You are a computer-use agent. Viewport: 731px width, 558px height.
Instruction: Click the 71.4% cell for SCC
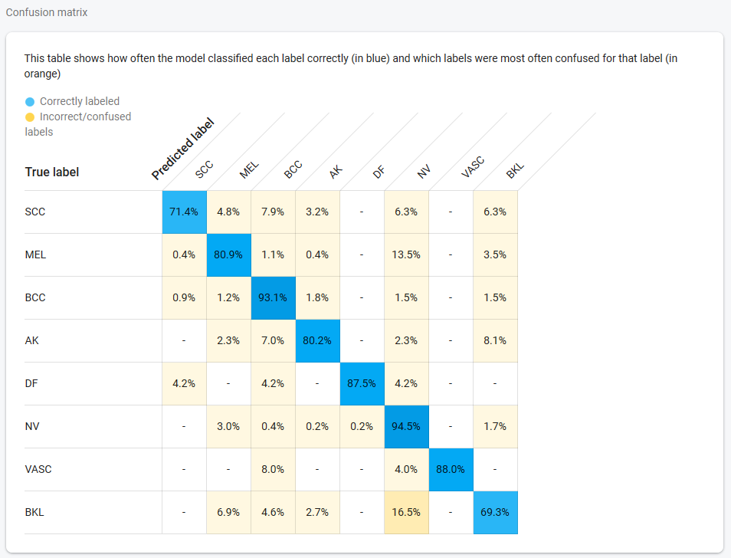point(184,212)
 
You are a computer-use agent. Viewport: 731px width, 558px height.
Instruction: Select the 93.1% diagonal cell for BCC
point(273,297)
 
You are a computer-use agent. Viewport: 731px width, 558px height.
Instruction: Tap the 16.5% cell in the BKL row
point(406,512)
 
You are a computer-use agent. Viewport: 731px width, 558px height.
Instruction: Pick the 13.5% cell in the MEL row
point(406,254)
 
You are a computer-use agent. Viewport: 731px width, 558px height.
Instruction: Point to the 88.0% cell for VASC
point(451,469)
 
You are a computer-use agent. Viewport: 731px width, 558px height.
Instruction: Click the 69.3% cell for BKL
point(495,512)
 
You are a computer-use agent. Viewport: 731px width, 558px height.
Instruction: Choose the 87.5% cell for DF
point(362,383)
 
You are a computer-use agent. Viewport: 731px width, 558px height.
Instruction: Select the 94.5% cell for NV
point(406,426)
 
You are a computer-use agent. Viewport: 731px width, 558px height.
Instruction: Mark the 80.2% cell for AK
point(317,340)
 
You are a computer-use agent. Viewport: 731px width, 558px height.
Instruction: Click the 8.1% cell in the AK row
point(495,340)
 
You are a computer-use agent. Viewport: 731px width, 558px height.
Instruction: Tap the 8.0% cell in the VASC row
point(273,469)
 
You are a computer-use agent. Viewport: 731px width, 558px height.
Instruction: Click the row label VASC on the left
point(38,469)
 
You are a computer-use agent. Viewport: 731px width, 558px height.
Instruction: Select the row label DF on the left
point(31,383)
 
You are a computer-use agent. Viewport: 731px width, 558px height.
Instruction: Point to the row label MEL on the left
point(35,254)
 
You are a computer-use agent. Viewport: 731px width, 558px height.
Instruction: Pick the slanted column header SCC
point(204,170)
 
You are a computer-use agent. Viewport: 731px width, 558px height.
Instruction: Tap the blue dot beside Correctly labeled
point(30,101)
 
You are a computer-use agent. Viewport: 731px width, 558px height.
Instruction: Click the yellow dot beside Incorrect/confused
point(30,117)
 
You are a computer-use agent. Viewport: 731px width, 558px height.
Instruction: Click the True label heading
point(52,172)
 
